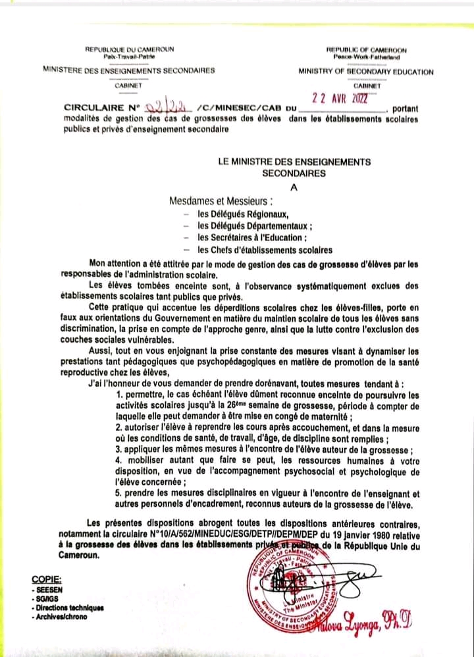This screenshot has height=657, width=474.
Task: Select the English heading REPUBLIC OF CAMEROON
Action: [366, 50]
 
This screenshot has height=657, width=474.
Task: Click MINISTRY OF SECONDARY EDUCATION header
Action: [366, 71]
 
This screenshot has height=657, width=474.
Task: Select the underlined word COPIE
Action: [46, 580]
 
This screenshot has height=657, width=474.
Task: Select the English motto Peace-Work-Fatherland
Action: [366, 57]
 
